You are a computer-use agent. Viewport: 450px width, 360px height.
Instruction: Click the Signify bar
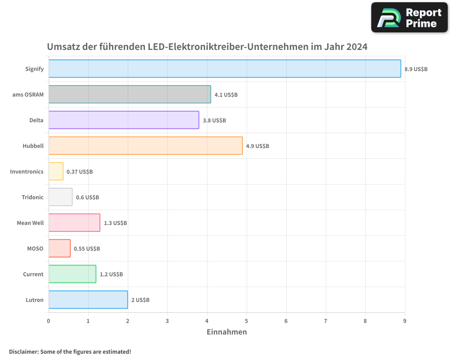pos(225,68)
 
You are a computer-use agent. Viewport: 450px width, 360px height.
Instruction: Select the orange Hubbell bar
pos(145,146)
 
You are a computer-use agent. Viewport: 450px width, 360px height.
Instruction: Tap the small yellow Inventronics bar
pos(56,171)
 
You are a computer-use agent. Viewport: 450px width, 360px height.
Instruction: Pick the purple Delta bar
pos(124,120)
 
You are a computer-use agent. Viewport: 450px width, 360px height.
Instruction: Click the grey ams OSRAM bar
pos(130,94)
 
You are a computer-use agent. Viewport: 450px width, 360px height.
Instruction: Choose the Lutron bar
pos(88,300)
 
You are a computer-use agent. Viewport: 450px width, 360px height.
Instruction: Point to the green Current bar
pos(72,274)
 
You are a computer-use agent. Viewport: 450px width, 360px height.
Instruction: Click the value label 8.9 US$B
pos(416,69)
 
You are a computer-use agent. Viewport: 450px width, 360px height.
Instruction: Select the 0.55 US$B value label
pos(87,249)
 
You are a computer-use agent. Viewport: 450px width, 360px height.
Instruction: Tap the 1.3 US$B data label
pos(115,223)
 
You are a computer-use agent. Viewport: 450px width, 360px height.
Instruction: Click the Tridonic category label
pos(32,197)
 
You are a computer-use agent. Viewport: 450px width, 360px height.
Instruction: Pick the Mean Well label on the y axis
pos(30,223)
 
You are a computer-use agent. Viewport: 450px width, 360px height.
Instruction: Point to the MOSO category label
pos(35,248)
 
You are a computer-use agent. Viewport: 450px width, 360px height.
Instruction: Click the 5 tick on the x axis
pos(247,321)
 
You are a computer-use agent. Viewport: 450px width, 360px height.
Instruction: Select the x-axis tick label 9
pos(405,321)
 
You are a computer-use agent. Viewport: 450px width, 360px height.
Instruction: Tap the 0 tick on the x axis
pos(49,321)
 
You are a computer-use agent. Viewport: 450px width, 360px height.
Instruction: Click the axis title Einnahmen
pos(227,332)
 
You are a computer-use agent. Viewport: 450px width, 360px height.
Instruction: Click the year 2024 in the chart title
pos(357,47)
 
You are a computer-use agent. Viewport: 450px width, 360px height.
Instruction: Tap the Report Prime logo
pos(409,18)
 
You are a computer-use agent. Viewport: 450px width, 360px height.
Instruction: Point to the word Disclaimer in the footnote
pos(24,351)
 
